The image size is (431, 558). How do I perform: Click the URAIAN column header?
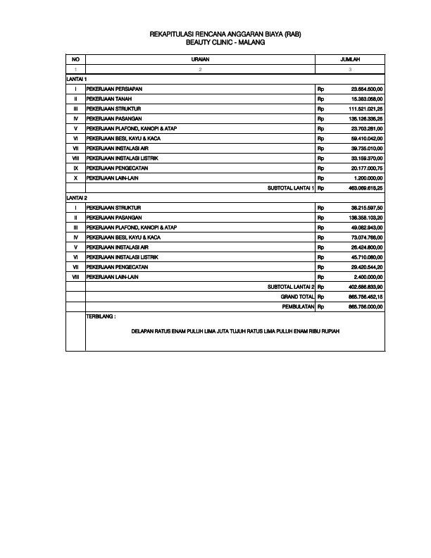(x=201, y=60)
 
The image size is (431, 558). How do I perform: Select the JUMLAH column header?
(x=350, y=60)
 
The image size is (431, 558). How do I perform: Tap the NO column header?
(x=75, y=60)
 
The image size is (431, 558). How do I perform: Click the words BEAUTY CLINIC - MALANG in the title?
(x=216, y=43)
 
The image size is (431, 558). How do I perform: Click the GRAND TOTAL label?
(x=297, y=297)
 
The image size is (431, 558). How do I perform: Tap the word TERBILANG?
(x=101, y=316)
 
